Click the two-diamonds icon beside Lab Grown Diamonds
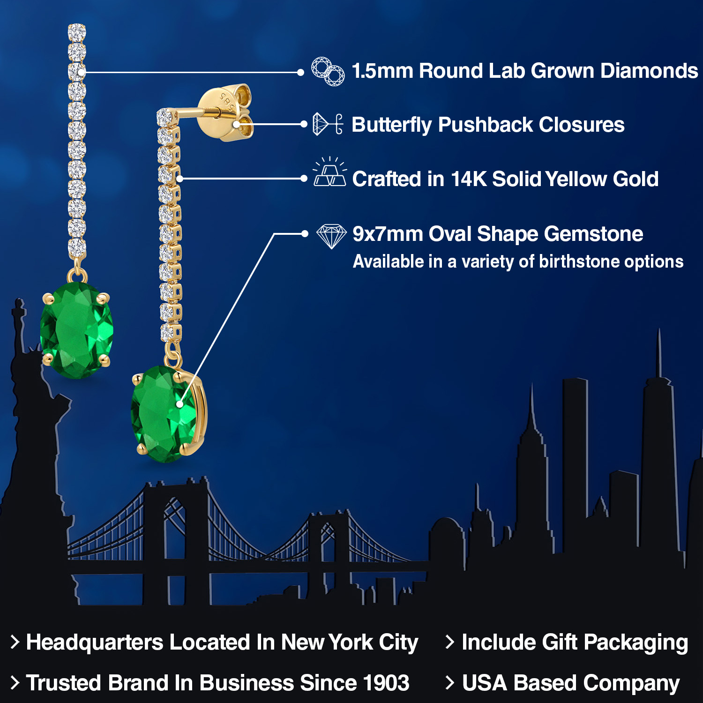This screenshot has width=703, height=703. (x=328, y=72)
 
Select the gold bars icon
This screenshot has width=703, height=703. (x=330, y=172)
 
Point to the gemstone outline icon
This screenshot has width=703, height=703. (x=331, y=236)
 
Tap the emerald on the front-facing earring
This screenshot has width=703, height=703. (x=77, y=329)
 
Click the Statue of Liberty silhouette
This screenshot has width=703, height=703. (x=33, y=422)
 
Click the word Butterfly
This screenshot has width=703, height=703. (x=391, y=125)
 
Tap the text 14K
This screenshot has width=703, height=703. (x=469, y=179)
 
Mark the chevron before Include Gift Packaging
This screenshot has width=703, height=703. (x=450, y=642)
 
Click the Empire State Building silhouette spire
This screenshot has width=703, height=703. (x=532, y=403)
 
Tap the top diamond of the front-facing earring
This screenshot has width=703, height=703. (x=77, y=32)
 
